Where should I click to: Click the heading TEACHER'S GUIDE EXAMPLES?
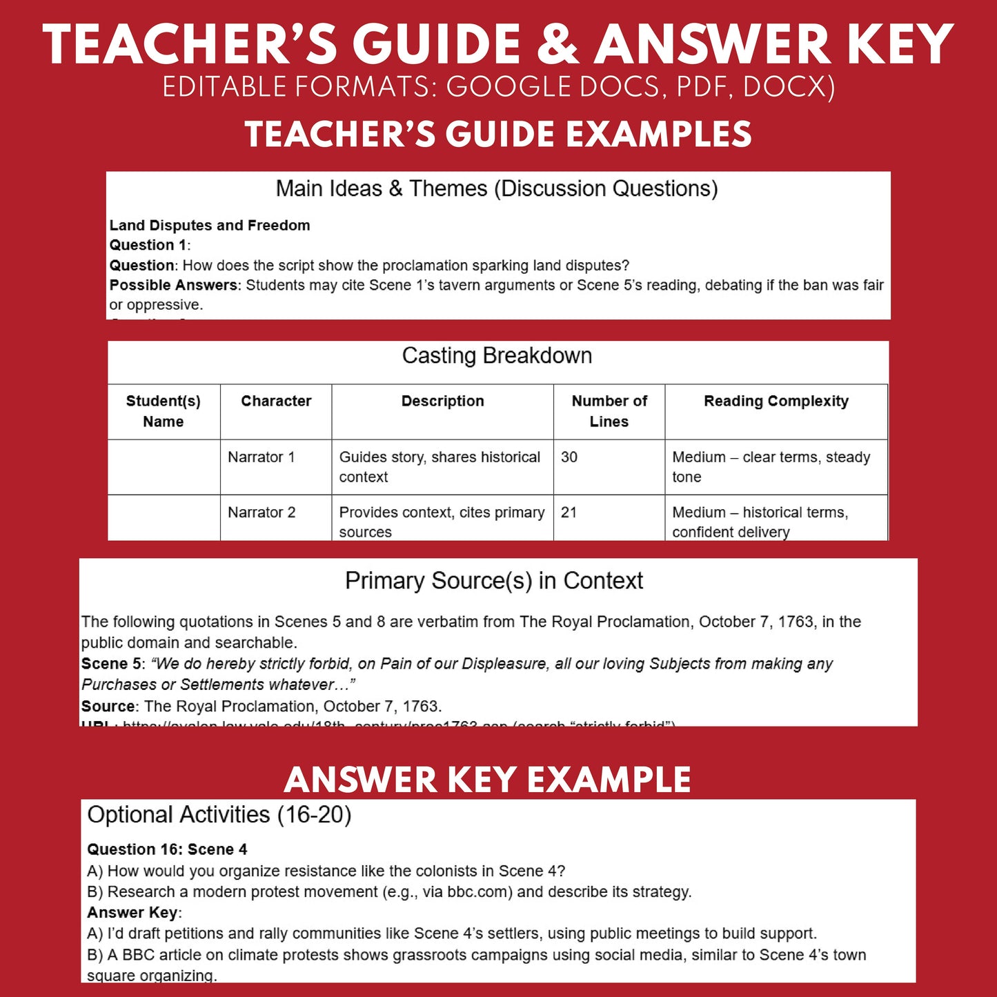click(498, 134)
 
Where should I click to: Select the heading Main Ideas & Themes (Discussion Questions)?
click(497, 188)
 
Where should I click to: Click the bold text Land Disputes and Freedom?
click(210, 226)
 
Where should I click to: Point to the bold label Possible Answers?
click(173, 285)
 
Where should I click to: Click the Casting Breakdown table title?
click(497, 356)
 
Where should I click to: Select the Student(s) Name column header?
click(164, 411)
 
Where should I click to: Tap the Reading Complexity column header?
click(776, 402)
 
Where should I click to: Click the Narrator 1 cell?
click(261, 457)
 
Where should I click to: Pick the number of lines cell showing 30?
click(569, 457)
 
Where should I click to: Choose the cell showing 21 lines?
click(569, 513)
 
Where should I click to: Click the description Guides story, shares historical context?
click(440, 467)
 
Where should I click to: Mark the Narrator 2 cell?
click(261, 513)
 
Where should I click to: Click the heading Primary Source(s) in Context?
click(494, 581)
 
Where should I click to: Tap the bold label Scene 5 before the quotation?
click(111, 664)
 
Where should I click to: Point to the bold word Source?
click(108, 707)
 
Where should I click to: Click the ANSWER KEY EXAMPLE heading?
click(487, 780)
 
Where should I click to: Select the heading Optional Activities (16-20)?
click(219, 815)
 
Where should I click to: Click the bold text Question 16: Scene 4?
click(167, 849)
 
